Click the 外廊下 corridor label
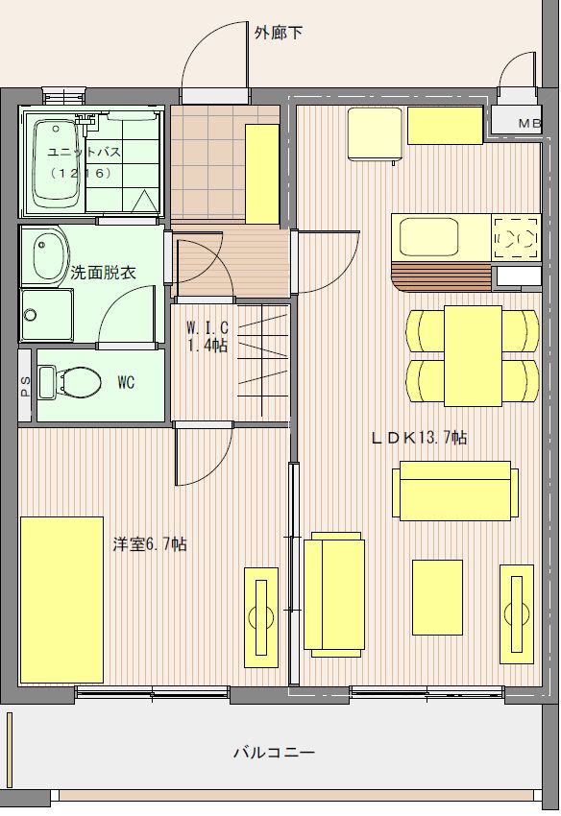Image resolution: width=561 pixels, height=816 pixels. coord(279,33)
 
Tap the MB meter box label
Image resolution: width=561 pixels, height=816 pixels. coord(529,124)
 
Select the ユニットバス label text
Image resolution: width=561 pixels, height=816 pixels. coord(84,152)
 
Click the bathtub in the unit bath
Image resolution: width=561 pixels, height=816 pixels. coord(55,164)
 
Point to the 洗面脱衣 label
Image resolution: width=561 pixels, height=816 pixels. coord(103,273)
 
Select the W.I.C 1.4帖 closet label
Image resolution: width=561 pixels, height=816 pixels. coord(207,336)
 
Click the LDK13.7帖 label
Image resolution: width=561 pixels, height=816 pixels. coord(419,437)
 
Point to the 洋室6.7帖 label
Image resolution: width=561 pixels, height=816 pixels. coord(150,544)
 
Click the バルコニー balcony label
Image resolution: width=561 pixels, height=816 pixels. coord(275,752)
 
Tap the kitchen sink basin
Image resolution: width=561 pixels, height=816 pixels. coord(428,237)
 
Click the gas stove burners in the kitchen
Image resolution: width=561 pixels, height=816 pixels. coord(516,238)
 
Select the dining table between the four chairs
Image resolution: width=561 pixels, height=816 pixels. coord(473,355)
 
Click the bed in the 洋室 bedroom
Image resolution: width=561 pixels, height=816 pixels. coord(61,599)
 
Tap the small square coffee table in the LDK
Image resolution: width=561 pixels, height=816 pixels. coord(437,597)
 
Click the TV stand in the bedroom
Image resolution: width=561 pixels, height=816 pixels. coord(261,617)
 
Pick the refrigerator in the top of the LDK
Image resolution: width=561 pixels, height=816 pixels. coord(375,133)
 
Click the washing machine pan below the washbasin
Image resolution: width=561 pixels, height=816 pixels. coord(46,314)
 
